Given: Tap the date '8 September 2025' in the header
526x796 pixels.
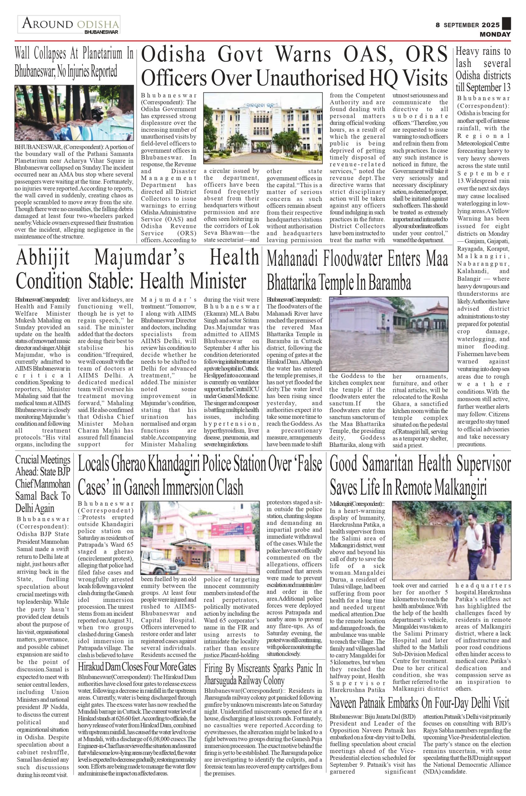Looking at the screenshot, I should click(x=468, y=25).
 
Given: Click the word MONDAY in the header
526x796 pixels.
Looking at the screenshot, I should click(x=495, y=35).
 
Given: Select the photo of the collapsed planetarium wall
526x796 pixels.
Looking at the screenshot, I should click(x=74, y=113).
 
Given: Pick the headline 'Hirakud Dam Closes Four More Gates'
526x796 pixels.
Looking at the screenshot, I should click(x=137, y=666).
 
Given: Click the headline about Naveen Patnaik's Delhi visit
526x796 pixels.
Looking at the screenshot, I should click(x=419, y=703).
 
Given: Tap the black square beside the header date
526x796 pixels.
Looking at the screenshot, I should click(x=506, y=23).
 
